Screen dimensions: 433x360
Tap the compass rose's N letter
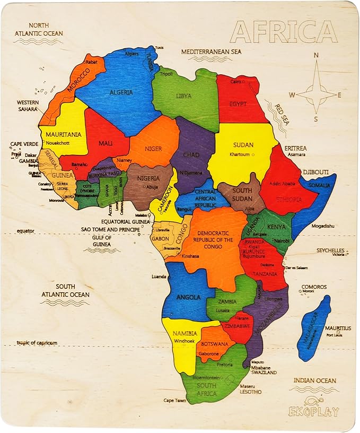317,55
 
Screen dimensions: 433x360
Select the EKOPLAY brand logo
314,410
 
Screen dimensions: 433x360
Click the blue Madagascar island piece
313,328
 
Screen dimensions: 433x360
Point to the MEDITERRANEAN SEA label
211,51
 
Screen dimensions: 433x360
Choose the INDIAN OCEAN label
315,380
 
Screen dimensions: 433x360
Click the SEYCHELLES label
330,250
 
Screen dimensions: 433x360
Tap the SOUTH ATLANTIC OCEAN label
65,291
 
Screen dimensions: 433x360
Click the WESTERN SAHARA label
27,106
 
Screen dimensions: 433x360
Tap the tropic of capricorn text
37,343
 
